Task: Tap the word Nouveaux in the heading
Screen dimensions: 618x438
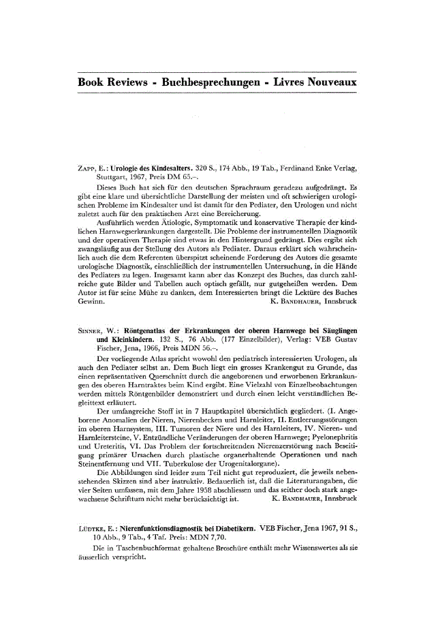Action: pyautogui.click(x=330, y=82)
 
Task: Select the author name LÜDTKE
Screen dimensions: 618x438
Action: pyautogui.click(x=91, y=527)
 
